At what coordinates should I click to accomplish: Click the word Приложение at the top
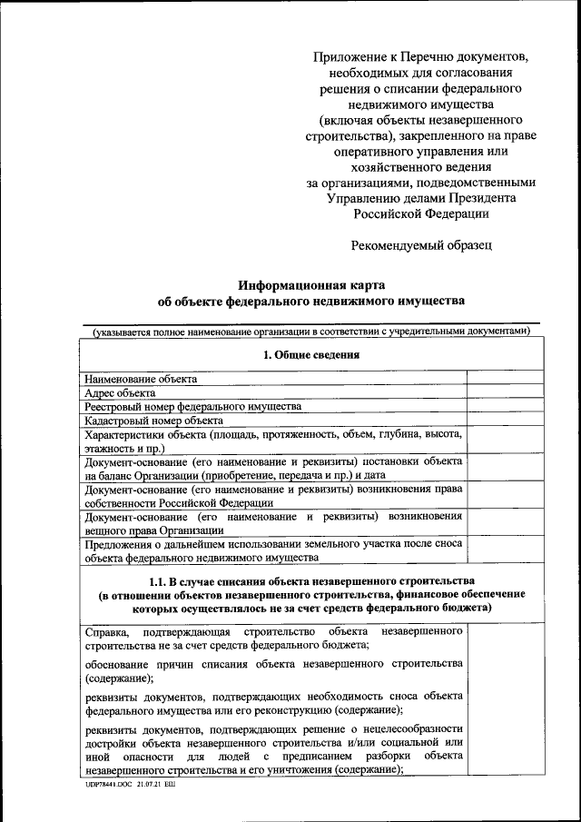click(x=347, y=56)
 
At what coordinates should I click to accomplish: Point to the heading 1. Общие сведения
click(x=310, y=354)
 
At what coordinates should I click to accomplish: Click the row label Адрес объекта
click(x=119, y=392)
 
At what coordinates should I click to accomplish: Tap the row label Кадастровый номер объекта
click(x=153, y=421)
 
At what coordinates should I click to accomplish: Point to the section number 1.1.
click(x=160, y=579)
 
